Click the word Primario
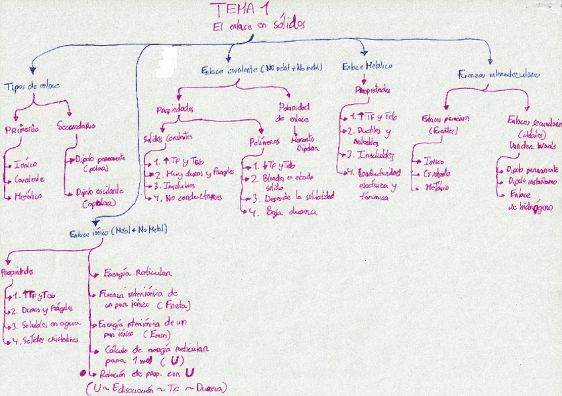tap(22, 128)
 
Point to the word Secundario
tap(76, 125)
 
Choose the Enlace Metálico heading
tap(367, 67)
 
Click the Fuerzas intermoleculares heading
tap(498, 74)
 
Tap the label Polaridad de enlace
tap(294, 112)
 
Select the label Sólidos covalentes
tap(168, 137)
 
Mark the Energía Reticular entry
tap(138, 273)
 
